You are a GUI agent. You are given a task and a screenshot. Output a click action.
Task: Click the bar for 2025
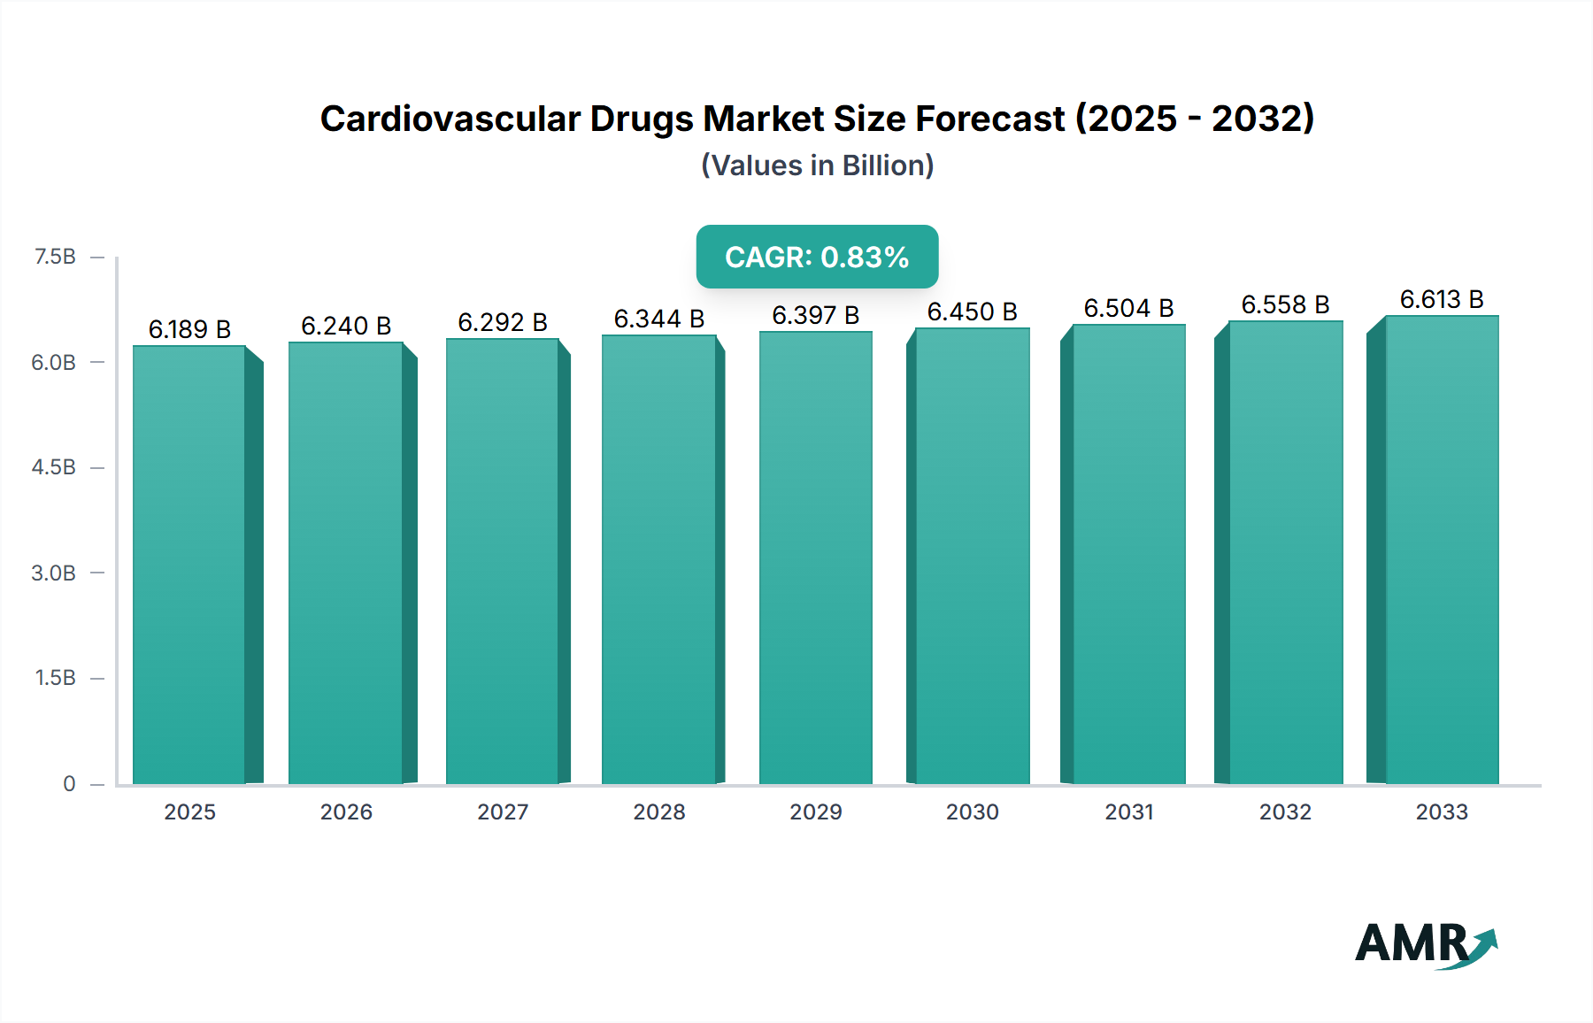click(x=189, y=566)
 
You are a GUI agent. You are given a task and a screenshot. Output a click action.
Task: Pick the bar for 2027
click(x=503, y=562)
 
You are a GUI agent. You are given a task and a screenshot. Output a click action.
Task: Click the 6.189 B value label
click(x=189, y=329)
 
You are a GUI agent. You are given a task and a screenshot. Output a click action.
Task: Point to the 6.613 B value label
click(x=1442, y=299)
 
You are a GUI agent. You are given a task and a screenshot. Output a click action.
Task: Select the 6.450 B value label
click(x=972, y=312)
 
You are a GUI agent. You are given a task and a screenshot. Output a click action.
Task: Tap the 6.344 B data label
click(x=659, y=319)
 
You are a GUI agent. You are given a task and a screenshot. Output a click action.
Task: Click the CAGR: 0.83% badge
click(x=817, y=257)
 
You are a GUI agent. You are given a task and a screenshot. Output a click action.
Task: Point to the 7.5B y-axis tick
click(x=55, y=257)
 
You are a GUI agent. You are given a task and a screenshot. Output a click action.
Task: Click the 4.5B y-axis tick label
click(x=54, y=467)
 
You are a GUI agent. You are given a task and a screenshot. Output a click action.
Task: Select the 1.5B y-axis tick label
click(x=55, y=678)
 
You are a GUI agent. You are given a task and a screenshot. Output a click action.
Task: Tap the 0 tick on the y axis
click(x=69, y=783)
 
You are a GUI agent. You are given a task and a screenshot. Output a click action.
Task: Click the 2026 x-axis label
click(x=346, y=811)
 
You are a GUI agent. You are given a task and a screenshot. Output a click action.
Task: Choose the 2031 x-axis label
click(x=1129, y=811)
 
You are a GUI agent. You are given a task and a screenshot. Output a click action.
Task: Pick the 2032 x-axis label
click(x=1285, y=811)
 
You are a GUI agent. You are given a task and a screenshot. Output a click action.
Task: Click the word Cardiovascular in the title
click(x=450, y=119)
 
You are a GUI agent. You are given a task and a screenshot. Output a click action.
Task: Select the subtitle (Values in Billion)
click(x=817, y=165)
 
